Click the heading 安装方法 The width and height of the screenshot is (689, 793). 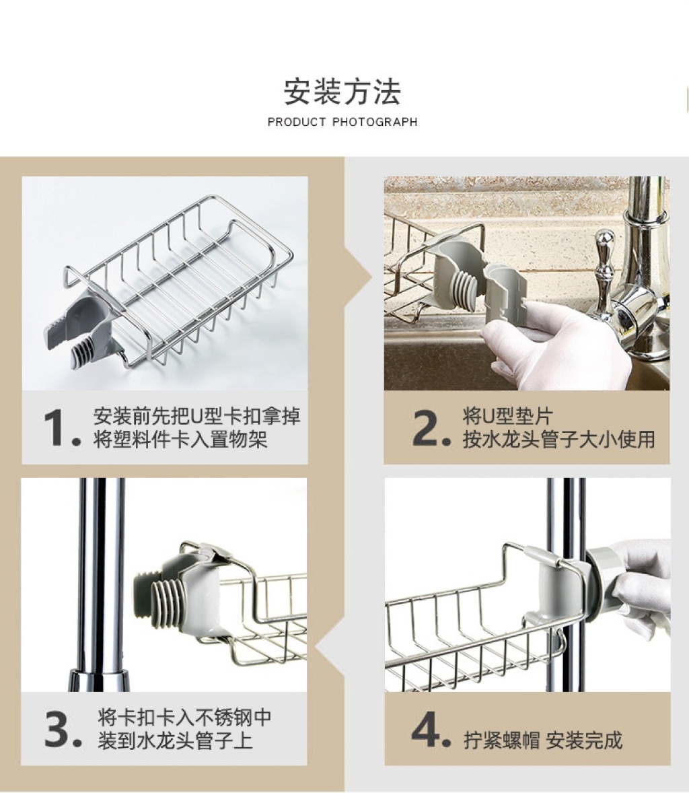(x=342, y=92)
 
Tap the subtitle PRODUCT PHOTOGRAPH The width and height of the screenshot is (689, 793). (x=342, y=122)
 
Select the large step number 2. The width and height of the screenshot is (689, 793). (x=431, y=428)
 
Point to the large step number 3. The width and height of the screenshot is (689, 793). (x=63, y=729)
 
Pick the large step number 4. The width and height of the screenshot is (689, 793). (x=431, y=729)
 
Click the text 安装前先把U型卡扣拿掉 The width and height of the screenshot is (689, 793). (x=196, y=416)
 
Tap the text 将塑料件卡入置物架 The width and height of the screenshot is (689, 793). (x=180, y=439)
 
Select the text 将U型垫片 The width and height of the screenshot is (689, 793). (x=507, y=416)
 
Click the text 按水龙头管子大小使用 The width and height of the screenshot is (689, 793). (x=558, y=439)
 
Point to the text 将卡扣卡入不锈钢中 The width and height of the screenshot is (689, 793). (x=184, y=717)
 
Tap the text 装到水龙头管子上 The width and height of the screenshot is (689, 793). (x=175, y=740)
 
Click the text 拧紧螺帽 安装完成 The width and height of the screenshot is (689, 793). (x=543, y=740)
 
